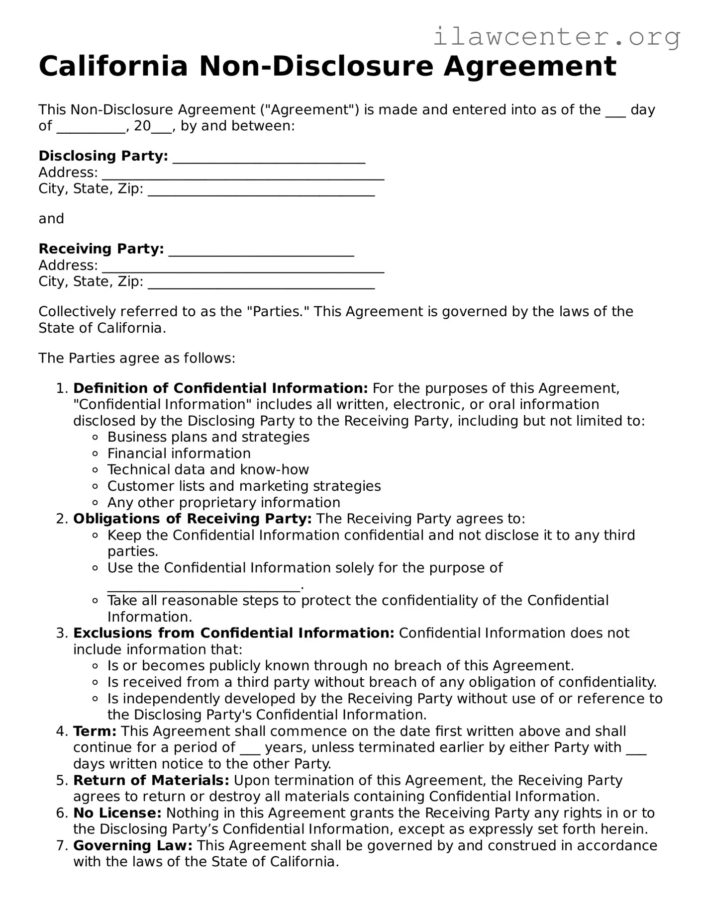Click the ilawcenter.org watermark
click(556, 37)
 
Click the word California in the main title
click(113, 67)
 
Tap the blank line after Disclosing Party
click(269, 157)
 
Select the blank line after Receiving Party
click(261, 250)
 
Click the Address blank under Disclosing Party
click(243, 174)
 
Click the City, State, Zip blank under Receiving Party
click(261, 283)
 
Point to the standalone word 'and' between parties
click(51, 219)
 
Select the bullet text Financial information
click(179, 454)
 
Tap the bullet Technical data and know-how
click(208, 470)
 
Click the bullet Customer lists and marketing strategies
click(244, 486)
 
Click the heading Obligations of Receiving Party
click(193, 519)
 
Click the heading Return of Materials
click(151, 781)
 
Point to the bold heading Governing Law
click(133, 846)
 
